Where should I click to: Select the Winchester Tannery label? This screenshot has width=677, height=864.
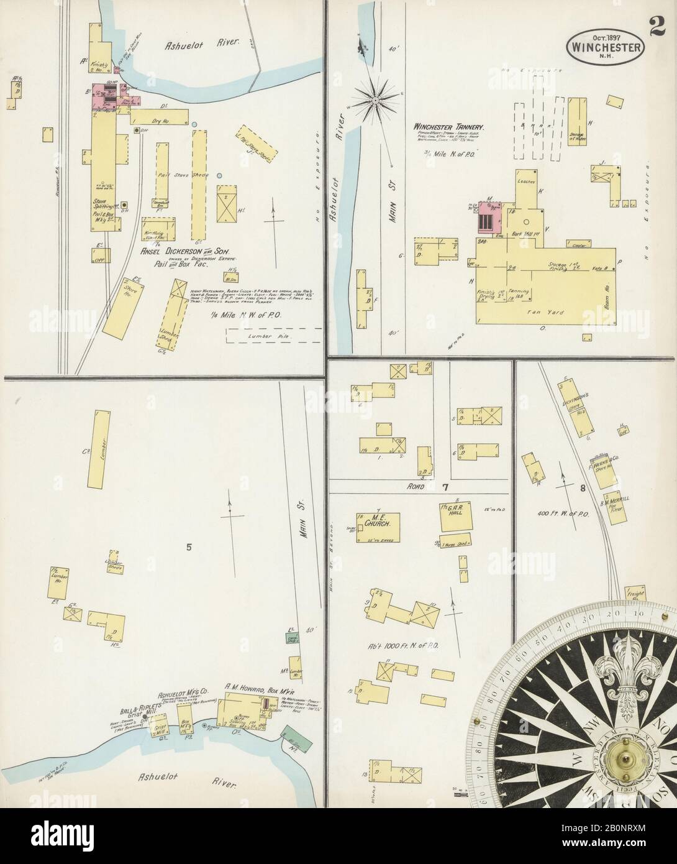click(x=450, y=127)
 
